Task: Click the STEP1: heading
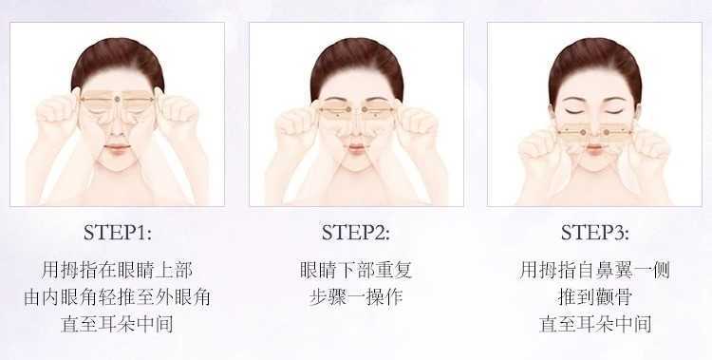117,233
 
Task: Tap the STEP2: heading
356,233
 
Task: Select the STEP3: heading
595,233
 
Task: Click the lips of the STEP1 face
117,148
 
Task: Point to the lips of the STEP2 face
356,148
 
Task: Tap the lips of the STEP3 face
595,148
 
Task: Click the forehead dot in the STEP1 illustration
117,99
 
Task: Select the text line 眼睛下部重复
356,270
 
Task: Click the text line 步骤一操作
356,297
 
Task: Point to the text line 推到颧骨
595,297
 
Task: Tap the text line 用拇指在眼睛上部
117,270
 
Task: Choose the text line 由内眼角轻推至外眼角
117,297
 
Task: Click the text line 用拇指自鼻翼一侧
595,270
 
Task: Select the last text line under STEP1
117,324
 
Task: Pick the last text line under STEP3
595,324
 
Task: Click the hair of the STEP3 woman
595,57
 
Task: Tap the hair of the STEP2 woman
356,57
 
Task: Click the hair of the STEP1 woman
117,57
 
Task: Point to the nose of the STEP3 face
595,129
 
